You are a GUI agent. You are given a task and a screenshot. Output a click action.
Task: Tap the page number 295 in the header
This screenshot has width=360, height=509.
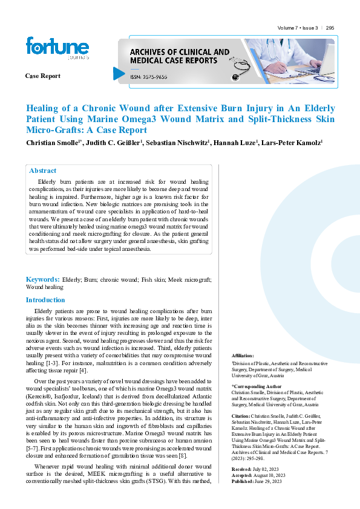pyautogui.click(x=330, y=28)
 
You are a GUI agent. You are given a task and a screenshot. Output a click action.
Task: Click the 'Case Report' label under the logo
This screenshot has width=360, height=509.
pyautogui.click(x=42, y=76)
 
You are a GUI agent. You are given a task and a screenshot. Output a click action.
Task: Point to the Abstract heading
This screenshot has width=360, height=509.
pyautogui.click(x=43, y=171)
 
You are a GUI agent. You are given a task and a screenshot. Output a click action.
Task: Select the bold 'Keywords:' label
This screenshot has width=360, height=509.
pyautogui.click(x=42, y=279)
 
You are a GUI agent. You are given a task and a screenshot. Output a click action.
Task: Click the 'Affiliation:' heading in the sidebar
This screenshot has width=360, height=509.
pyautogui.click(x=243, y=355)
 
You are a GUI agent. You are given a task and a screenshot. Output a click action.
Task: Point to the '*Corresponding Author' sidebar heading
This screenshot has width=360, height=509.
pyautogui.click(x=257, y=385)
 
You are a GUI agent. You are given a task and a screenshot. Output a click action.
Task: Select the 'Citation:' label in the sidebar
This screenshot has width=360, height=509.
pyautogui.click(x=241, y=417)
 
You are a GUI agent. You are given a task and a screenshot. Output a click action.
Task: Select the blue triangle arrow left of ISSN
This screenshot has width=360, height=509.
pyautogui.click(x=119, y=73)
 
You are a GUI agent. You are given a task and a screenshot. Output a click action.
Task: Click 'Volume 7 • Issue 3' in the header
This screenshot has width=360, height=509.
pyautogui.click(x=297, y=28)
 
